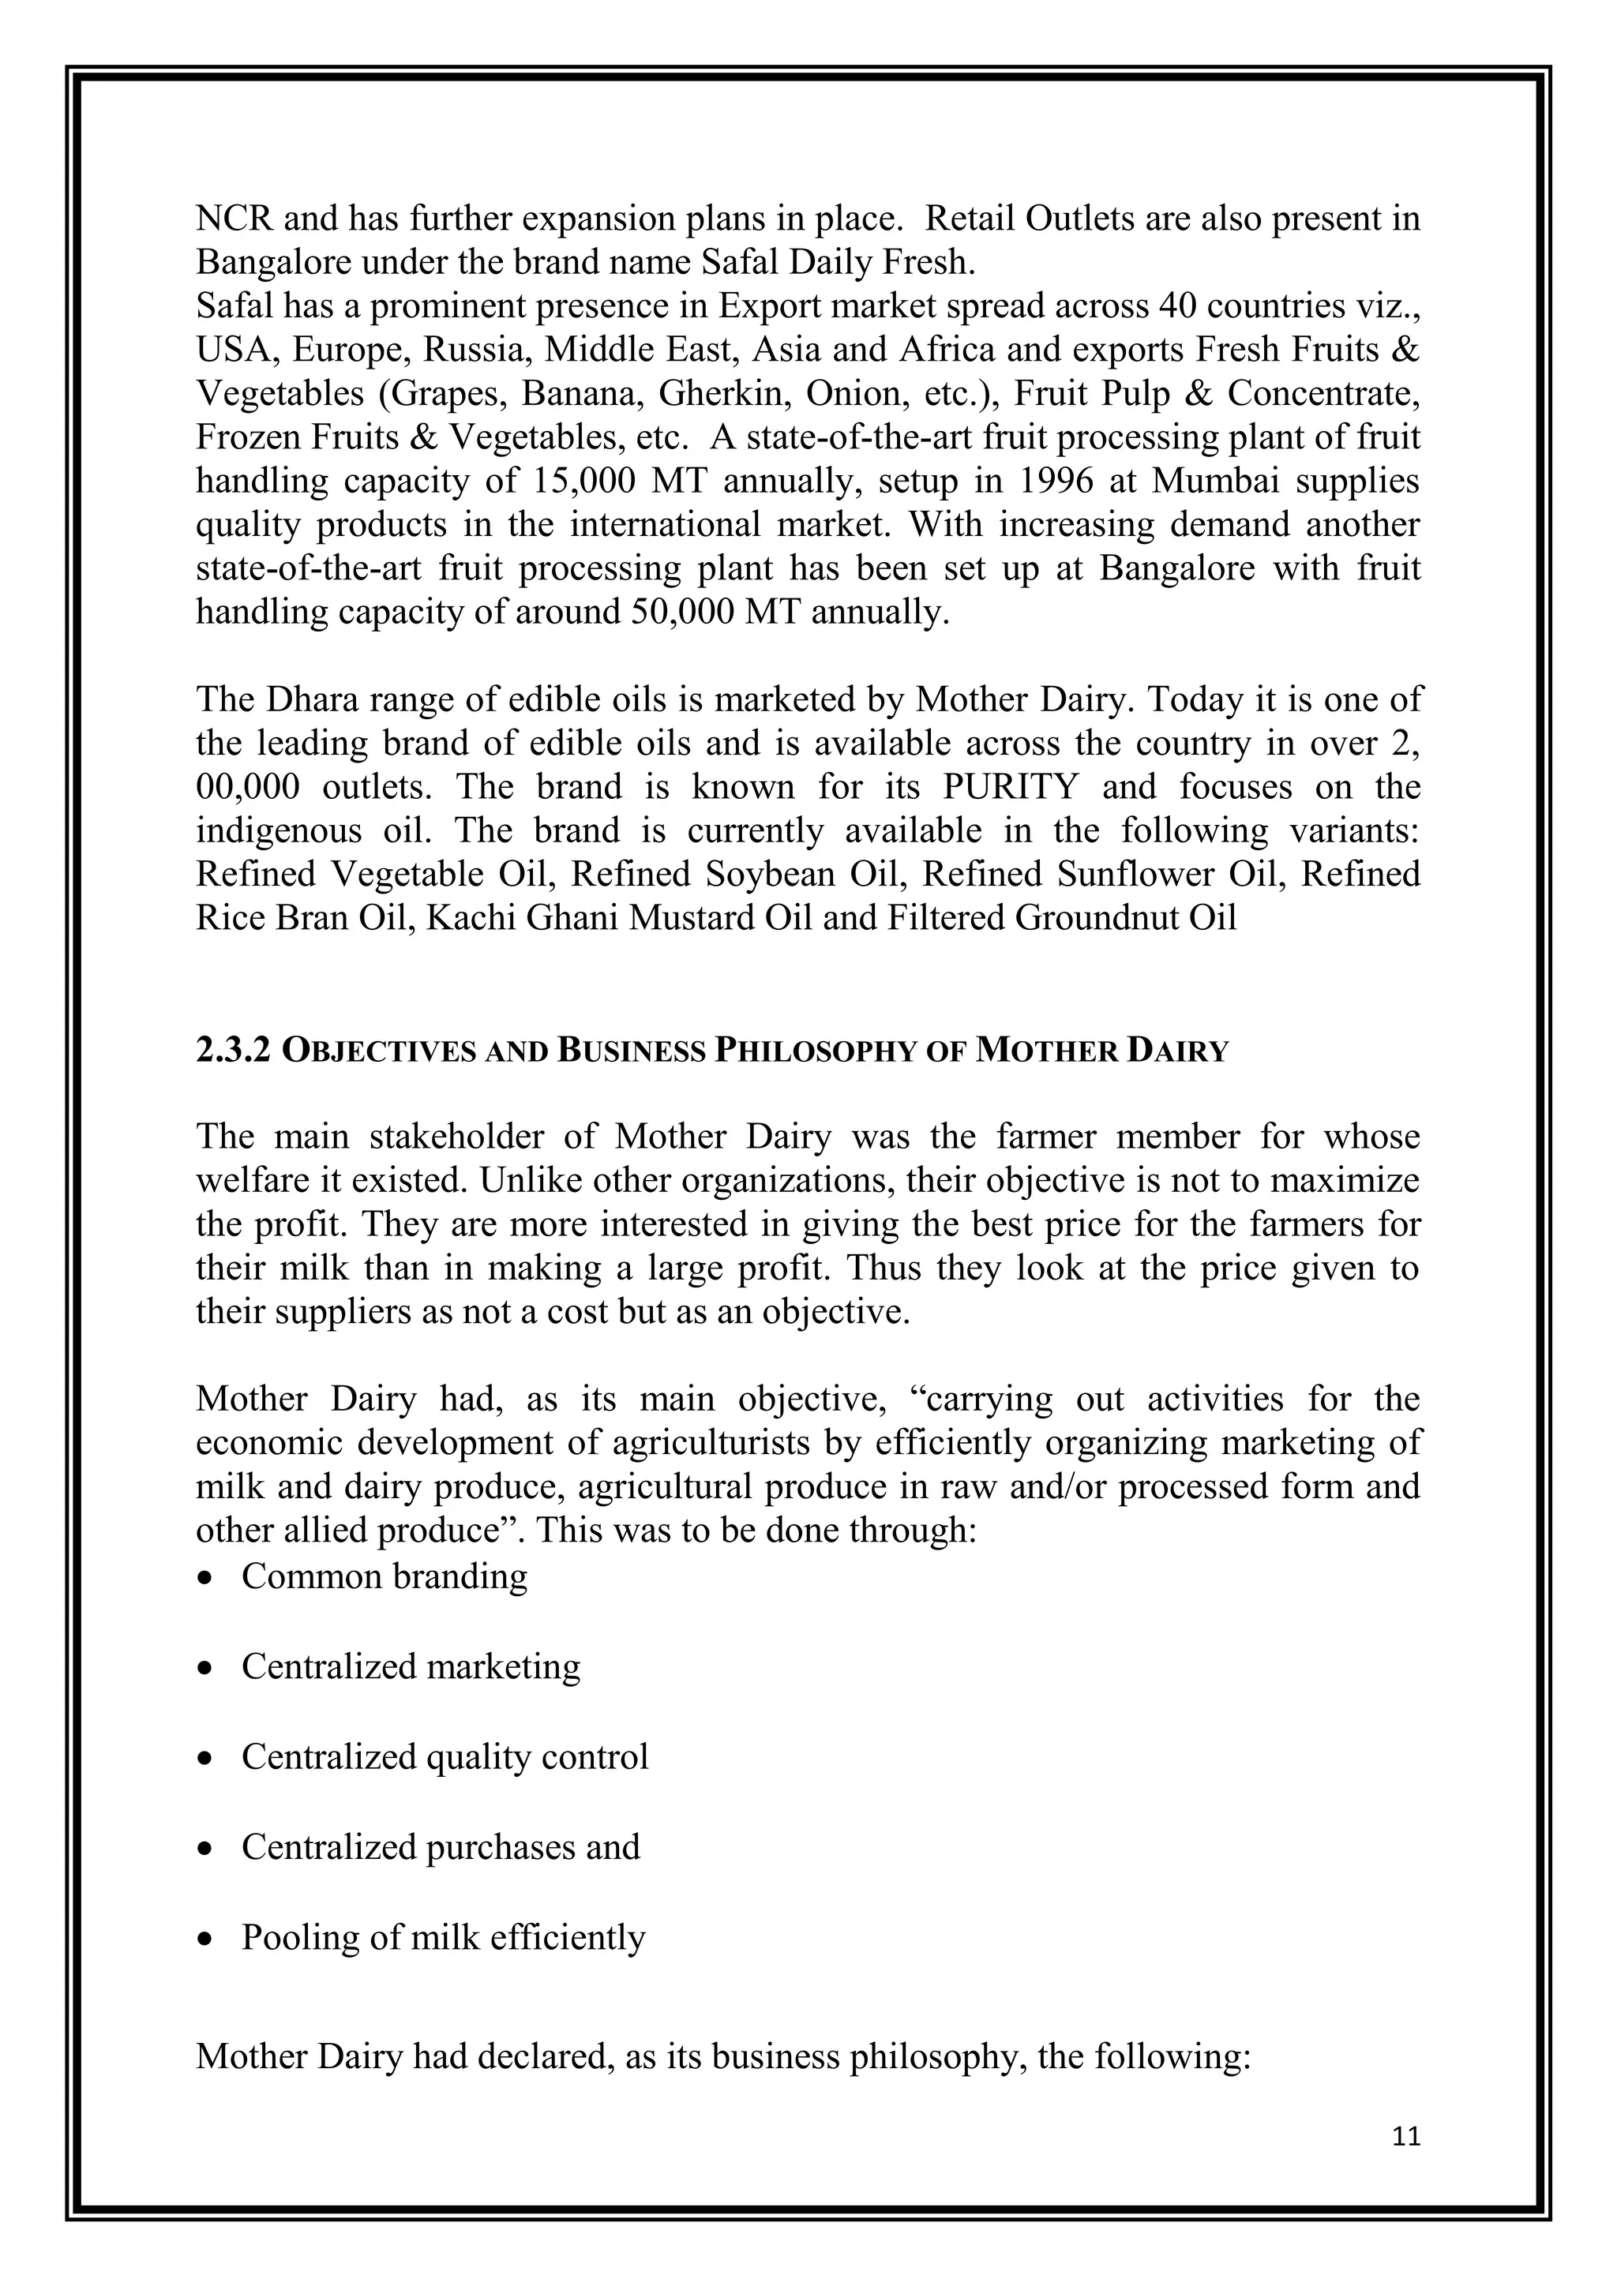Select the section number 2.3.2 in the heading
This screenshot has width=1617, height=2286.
coord(233,1051)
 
